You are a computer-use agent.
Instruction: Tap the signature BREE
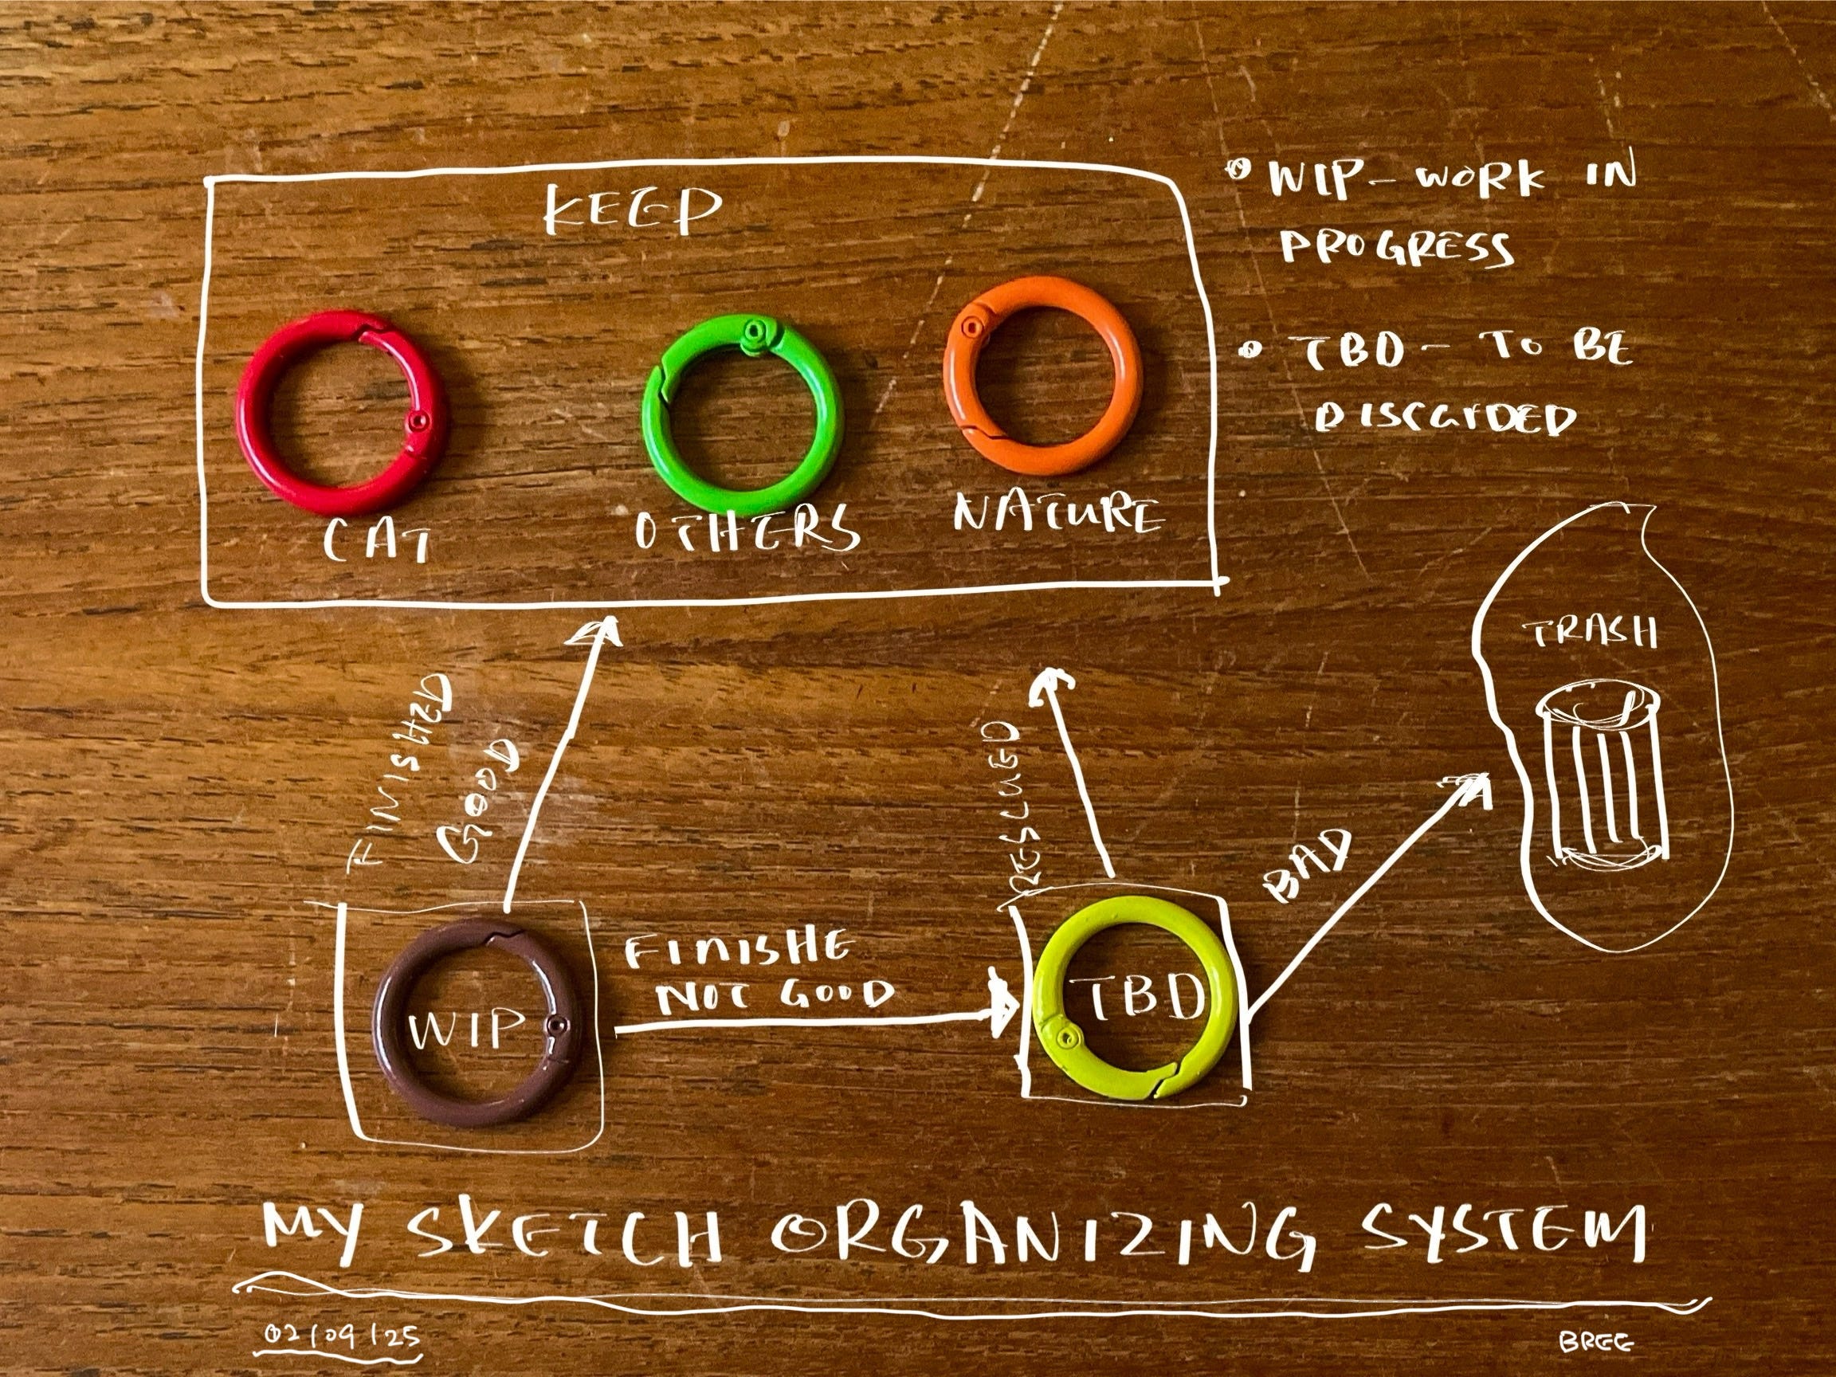coord(1595,1341)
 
